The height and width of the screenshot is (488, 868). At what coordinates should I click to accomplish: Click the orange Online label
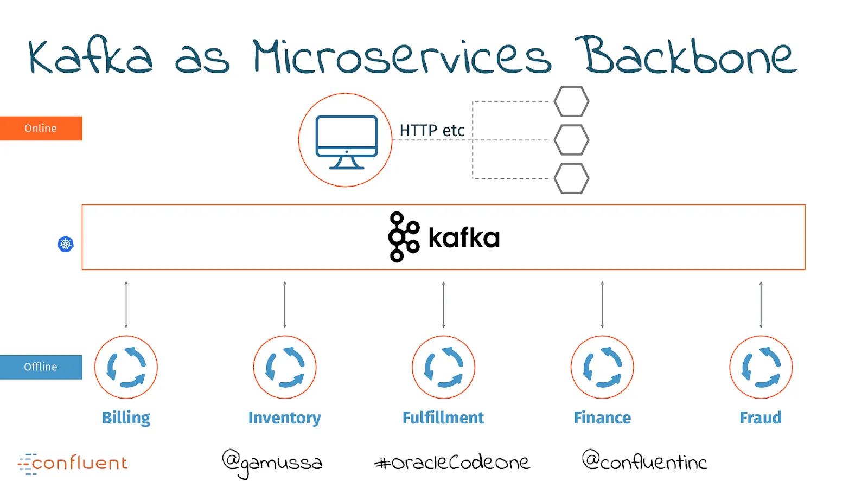pos(41,128)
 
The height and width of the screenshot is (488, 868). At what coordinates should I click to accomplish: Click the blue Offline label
pos(41,367)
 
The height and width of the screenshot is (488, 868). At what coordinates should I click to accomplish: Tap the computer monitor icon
pos(347,142)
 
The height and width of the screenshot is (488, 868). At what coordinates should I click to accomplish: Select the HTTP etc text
pos(432,131)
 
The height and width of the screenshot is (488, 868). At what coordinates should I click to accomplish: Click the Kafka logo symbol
pos(404,236)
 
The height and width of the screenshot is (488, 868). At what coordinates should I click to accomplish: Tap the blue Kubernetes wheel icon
pos(66,244)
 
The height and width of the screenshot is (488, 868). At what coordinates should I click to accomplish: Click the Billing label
pos(126,418)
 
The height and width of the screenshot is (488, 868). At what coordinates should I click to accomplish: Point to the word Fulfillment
pos(443,418)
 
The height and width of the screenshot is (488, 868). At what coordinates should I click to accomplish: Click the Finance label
pos(602,418)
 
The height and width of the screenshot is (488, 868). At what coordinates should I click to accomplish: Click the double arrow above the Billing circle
pos(126,305)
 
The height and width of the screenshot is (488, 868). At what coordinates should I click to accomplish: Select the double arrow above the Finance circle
pos(602,305)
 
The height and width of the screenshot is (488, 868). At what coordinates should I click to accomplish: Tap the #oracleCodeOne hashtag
pos(452,461)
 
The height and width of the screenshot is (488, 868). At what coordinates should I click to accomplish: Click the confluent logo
pos(73,463)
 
